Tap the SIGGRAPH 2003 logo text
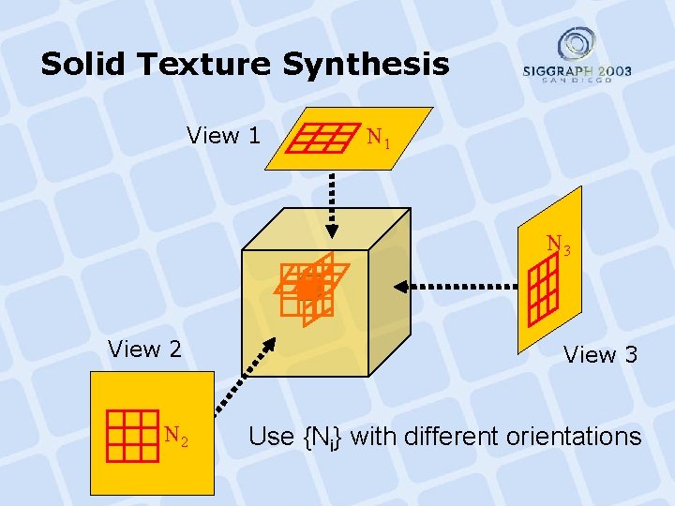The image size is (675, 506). click(577, 72)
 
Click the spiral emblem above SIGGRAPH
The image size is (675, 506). click(577, 43)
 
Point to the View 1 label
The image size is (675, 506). click(223, 136)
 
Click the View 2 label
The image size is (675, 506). click(144, 350)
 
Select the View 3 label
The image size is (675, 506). click(600, 354)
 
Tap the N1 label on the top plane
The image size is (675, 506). click(379, 140)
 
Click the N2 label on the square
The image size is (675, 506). click(175, 435)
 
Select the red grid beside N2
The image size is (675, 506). click(131, 437)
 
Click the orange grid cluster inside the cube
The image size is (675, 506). click(306, 287)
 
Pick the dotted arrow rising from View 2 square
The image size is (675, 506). click(239, 376)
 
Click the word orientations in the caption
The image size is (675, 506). click(574, 437)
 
